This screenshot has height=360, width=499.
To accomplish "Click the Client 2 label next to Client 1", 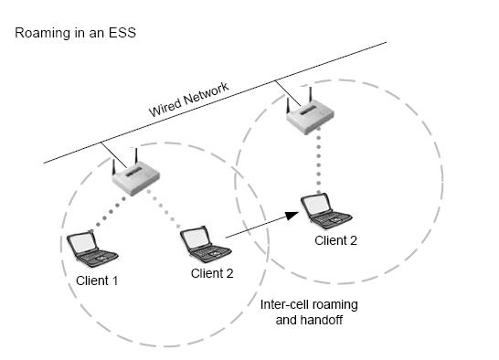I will pos(212,272).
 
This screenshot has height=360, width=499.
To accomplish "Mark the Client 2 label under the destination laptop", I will pos(335,240).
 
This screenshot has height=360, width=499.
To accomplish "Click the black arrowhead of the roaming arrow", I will pos(292,217).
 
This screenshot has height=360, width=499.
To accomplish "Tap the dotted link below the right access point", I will pos(317,164).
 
